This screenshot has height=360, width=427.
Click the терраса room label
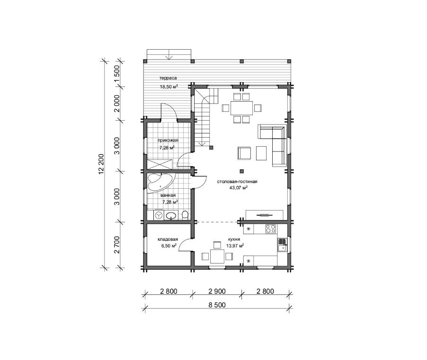[168, 78]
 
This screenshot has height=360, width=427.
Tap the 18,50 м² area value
[169, 87]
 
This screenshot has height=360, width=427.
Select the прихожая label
[168, 140]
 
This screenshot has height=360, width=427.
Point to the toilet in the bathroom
[185, 215]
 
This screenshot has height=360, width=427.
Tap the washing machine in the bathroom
[158, 215]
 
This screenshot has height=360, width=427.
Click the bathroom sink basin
[171, 216]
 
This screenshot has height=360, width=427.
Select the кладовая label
[168, 239]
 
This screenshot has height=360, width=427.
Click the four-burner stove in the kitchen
[271, 228]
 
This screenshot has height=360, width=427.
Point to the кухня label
[234, 239]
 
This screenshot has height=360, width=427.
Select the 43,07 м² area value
[239, 188]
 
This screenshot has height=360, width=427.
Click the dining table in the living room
[241, 108]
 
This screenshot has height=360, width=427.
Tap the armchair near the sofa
[244, 153]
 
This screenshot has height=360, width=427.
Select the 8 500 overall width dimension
[217, 305]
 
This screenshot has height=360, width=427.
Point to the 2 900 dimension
[217, 291]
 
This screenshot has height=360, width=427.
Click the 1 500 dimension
[117, 73]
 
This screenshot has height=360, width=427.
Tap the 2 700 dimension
[117, 245]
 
